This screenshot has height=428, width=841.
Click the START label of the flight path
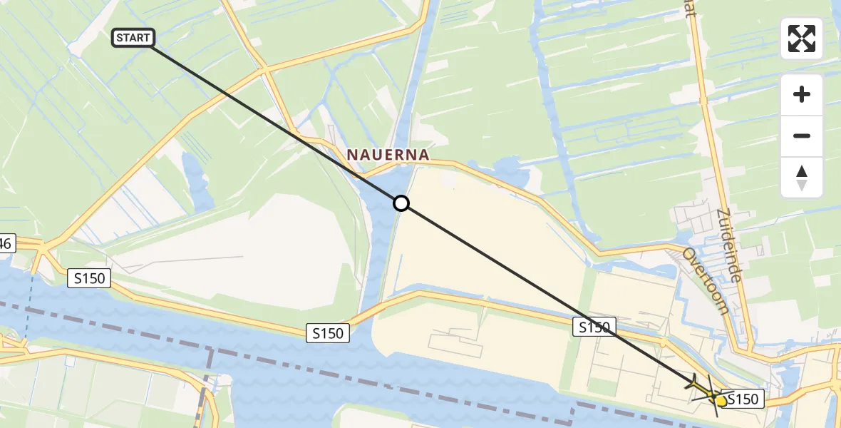click(133, 38)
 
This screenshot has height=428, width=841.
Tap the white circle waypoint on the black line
click(401, 203)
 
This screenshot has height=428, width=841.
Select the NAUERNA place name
click(388, 155)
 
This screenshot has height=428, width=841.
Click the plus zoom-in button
click(802, 95)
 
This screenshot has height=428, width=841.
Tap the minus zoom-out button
click(802, 136)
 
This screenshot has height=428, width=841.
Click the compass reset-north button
click(802, 178)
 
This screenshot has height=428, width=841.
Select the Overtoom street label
click(705, 280)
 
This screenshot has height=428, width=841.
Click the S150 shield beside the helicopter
click(743, 399)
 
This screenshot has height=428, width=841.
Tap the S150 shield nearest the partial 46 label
click(89, 279)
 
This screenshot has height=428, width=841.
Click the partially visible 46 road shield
click(6, 244)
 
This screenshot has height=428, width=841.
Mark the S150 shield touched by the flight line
click(593, 327)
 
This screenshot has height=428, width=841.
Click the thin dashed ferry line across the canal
click(29, 300)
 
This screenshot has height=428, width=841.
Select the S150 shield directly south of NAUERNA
click(328, 332)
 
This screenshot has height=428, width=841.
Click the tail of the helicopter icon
click(693, 384)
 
